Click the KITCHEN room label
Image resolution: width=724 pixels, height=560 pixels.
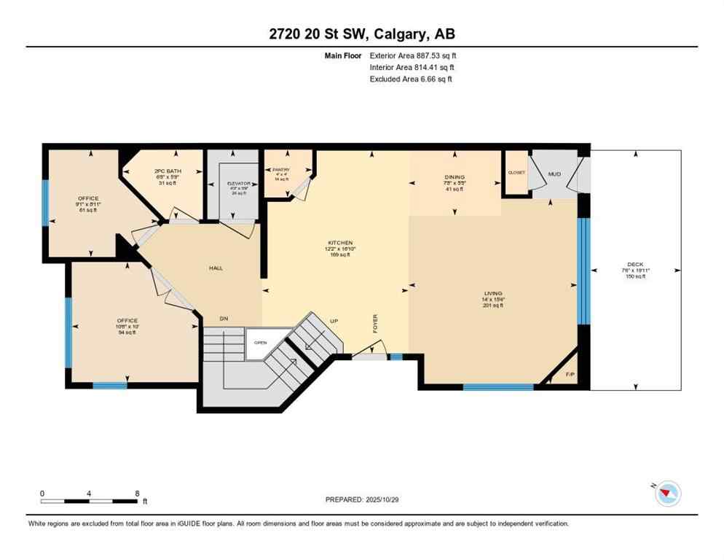tap(339, 243)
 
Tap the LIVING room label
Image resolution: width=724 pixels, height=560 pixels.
tap(492, 292)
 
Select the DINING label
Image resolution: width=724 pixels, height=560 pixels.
tap(455, 177)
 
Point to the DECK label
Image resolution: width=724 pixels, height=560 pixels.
tap(635, 265)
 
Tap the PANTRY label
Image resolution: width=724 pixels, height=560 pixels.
tap(282, 170)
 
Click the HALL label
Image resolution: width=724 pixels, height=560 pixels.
tap(216, 268)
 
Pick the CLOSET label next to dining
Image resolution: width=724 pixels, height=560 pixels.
tap(516, 173)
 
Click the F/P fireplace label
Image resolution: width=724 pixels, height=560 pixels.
tap(570, 376)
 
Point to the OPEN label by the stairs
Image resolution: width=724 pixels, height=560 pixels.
tap(260, 342)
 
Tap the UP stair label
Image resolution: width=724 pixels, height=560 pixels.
tap(334, 320)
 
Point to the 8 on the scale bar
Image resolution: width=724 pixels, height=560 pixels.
tap(137, 493)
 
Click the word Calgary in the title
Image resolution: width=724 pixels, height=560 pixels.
tap(393, 34)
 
